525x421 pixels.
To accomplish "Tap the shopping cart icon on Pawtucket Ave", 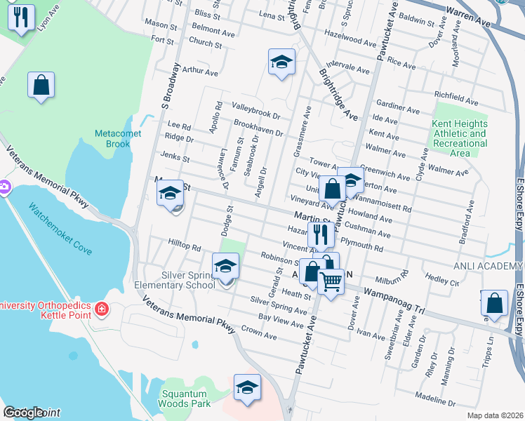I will pyautogui.click(x=331, y=281).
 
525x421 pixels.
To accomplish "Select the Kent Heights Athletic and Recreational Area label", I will pyautogui.click(x=460, y=138).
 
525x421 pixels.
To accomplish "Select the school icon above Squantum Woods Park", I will pyautogui.click(x=247, y=387).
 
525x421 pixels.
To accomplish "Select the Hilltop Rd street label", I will pyautogui.click(x=185, y=248).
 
